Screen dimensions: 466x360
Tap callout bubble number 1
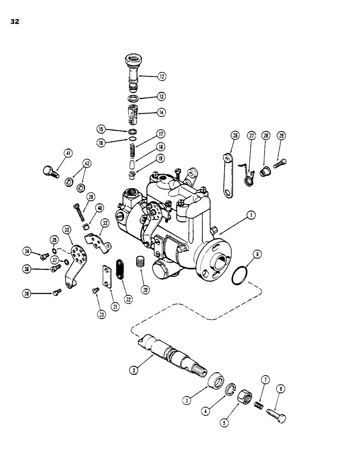coord(250,215)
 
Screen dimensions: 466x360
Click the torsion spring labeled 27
coord(248,174)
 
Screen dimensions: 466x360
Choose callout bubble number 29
coord(281,136)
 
